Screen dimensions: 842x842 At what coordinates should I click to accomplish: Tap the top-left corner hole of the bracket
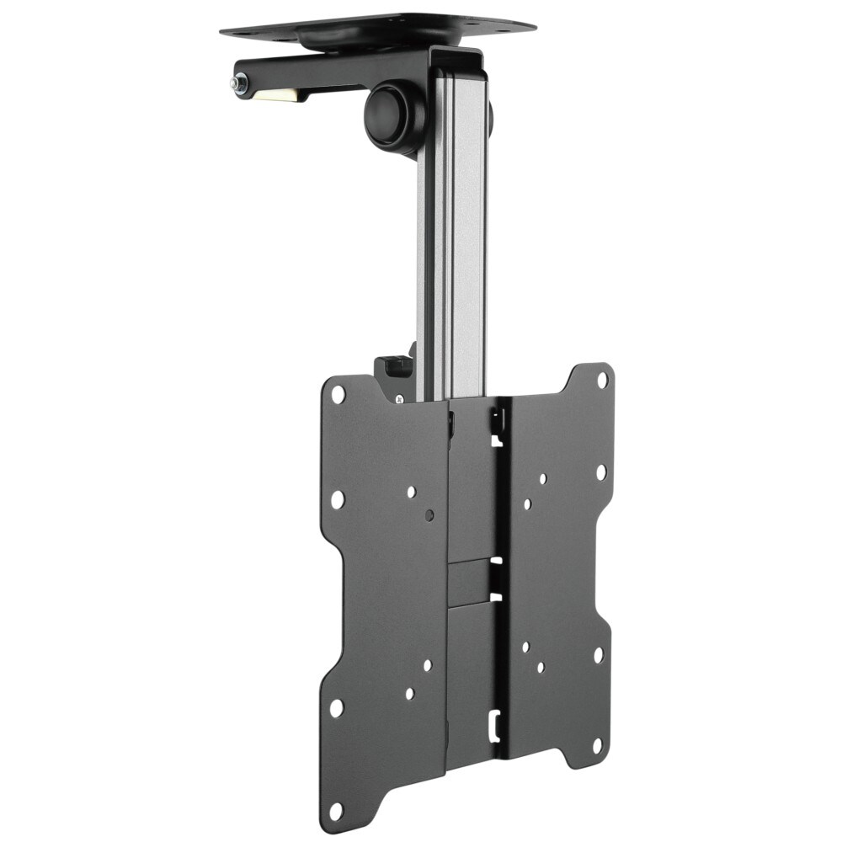pos(338,393)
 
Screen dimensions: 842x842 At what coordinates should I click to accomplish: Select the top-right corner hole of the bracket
pos(602,379)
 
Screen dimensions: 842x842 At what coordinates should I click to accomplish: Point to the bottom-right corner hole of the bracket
pos(596,745)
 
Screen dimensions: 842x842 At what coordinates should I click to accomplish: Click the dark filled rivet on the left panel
pos(429,513)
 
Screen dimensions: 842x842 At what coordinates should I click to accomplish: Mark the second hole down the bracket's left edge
pos(337,499)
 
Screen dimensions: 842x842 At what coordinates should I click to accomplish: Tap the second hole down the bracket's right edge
pos(601,472)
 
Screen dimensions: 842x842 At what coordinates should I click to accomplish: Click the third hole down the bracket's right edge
pos(598,654)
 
